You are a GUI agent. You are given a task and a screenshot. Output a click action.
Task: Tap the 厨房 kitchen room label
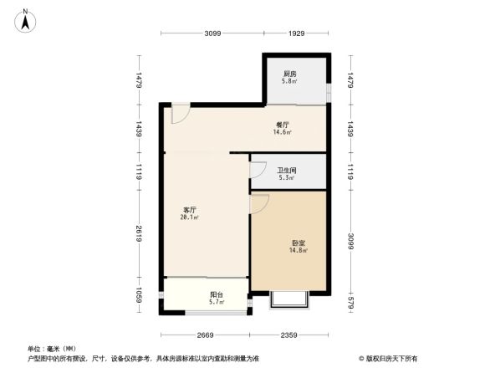coord(289,74)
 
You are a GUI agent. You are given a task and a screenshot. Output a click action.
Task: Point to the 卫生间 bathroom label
coord(286,171)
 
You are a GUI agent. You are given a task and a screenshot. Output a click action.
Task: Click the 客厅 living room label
coord(191,209)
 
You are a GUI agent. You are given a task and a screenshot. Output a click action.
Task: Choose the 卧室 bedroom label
coord(299,243)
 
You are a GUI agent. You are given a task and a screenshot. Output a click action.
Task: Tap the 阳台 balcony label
coord(216,294)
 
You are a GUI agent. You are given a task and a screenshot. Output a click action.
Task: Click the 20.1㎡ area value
coord(189,217)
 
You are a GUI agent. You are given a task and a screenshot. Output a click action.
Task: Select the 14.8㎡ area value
coord(299,251)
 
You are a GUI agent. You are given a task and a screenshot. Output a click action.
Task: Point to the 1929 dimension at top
coord(297,33)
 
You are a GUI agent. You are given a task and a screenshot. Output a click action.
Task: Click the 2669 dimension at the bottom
coord(206,335)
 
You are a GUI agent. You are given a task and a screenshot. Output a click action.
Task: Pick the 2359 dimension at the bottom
coord(289,335)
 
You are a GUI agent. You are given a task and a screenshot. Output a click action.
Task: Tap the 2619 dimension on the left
coord(140,235)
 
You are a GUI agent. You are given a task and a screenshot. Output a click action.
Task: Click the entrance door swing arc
coord(180,115)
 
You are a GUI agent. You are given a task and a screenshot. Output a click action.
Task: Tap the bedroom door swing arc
coord(259,202)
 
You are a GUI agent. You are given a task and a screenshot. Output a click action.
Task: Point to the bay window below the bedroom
coord(290,300)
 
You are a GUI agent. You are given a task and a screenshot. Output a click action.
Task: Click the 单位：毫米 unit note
coord(52,349)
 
